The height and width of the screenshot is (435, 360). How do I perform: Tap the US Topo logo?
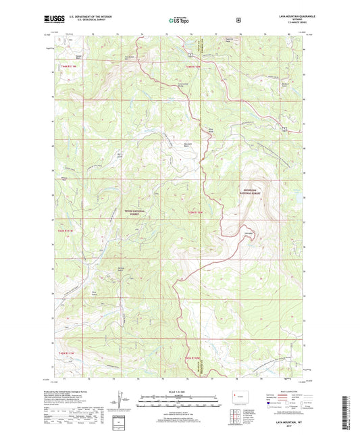[180, 21]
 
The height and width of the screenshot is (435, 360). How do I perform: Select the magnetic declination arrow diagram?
[118, 403]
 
